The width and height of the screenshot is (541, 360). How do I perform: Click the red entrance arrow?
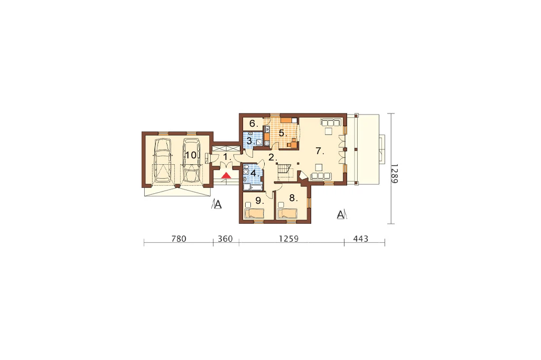[x=226, y=175]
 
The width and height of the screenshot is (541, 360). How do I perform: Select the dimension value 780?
[x=179, y=239]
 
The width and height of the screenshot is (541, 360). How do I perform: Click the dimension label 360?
[x=225, y=239]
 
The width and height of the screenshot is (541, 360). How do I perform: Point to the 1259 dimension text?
[x=289, y=239]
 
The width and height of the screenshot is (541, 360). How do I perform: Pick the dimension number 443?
[x=361, y=239]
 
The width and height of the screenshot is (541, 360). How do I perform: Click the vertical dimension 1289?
[x=395, y=174]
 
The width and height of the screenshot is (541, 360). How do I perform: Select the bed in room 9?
[x=255, y=214]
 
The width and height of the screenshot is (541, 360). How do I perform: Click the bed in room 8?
[x=287, y=213]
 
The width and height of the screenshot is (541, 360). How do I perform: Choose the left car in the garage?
[x=163, y=160]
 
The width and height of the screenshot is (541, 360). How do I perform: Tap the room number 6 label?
[x=253, y=123]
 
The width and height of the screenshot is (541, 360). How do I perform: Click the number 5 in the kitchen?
[x=282, y=133]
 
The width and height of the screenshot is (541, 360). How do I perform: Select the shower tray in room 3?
[x=258, y=141]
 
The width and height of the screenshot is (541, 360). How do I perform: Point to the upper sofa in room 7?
[x=331, y=122]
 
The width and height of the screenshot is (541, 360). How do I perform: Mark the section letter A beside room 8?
[x=341, y=215]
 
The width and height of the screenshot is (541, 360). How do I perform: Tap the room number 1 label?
[x=226, y=157]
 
